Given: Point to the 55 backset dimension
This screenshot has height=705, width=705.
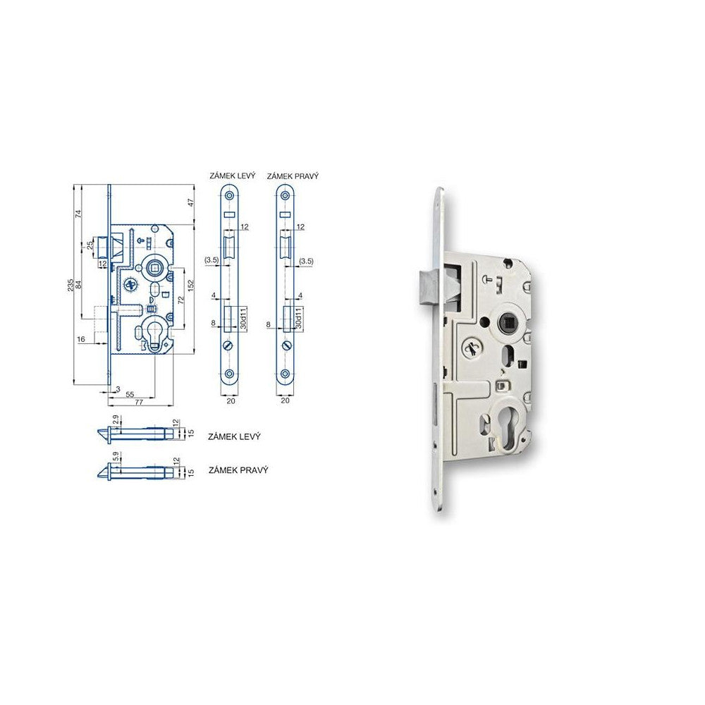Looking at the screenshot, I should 131,395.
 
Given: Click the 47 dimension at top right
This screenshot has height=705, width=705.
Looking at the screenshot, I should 190,202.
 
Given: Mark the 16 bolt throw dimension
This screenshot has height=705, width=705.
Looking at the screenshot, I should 81,339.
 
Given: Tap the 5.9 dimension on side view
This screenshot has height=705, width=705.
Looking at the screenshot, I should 116,466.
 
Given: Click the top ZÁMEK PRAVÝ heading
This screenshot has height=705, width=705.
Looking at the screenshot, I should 293,175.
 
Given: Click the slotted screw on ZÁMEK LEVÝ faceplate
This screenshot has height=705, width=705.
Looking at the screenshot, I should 228,346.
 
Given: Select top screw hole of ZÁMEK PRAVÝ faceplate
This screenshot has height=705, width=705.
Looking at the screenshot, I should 284,195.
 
